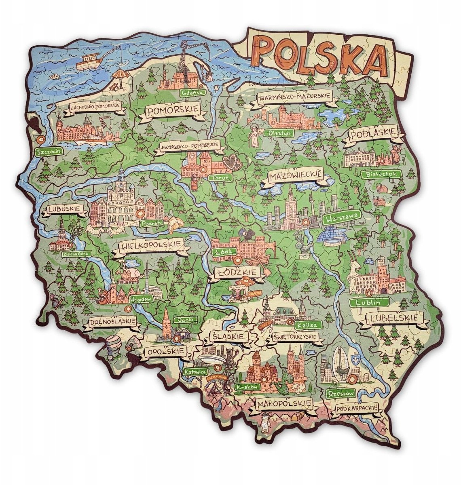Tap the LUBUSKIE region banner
(x=65, y=209)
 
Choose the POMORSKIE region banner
(x=173, y=110)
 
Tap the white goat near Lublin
(x=355, y=272)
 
